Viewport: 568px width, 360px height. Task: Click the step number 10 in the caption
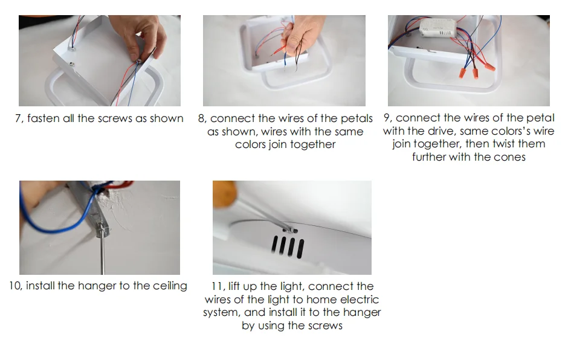[x=16, y=286]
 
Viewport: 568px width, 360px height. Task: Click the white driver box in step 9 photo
[x=437, y=27]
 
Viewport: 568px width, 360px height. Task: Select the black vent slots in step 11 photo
[x=288, y=247]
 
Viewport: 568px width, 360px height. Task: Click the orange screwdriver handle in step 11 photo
[x=225, y=194]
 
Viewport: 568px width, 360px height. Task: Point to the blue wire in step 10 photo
[x=54, y=214]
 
